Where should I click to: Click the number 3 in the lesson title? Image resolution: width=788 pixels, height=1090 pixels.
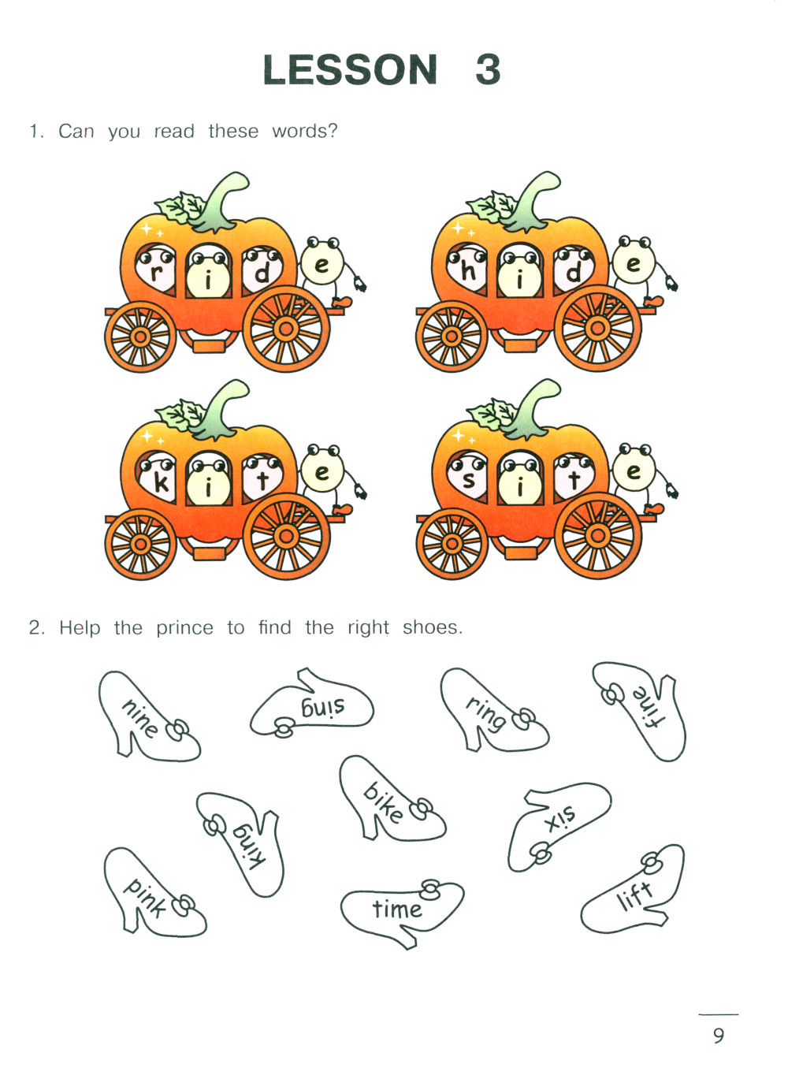click(488, 69)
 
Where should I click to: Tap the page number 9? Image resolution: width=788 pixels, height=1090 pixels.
click(719, 1035)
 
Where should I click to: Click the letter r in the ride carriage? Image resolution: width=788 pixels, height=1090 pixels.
click(155, 273)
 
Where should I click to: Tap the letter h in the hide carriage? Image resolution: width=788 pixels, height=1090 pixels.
click(468, 271)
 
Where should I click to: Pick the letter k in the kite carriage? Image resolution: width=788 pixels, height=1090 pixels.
click(161, 482)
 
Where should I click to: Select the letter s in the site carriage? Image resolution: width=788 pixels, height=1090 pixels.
click(468, 480)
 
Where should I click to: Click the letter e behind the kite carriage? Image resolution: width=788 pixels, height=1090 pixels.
click(322, 472)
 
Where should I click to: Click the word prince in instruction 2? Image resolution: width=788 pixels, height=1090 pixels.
click(184, 629)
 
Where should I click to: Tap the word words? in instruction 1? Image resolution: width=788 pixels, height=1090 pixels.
click(304, 131)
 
